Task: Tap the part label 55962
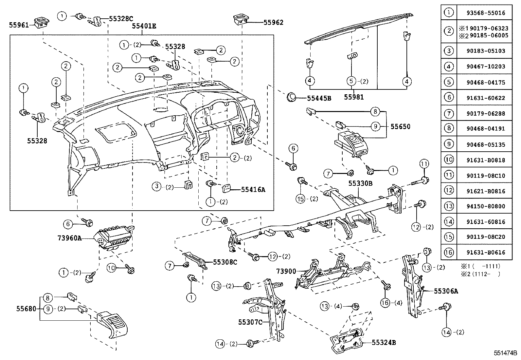pyautogui.click(x=273, y=22)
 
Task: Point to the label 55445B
pyautogui.click(x=319, y=98)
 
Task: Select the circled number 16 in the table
pyautogui.click(x=449, y=252)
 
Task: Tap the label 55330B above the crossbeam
pyautogui.click(x=360, y=184)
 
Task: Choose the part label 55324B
pyautogui.click(x=384, y=343)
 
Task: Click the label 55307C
pyautogui.click(x=250, y=322)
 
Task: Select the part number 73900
pyautogui.click(x=286, y=271)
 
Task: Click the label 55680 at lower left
pyautogui.click(x=26, y=309)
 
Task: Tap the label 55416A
pyautogui.click(x=253, y=189)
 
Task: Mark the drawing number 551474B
pyautogui.click(x=505, y=353)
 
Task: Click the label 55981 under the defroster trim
pyautogui.click(x=354, y=97)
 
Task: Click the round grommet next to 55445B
pyautogui.click(x=291, y=97)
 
